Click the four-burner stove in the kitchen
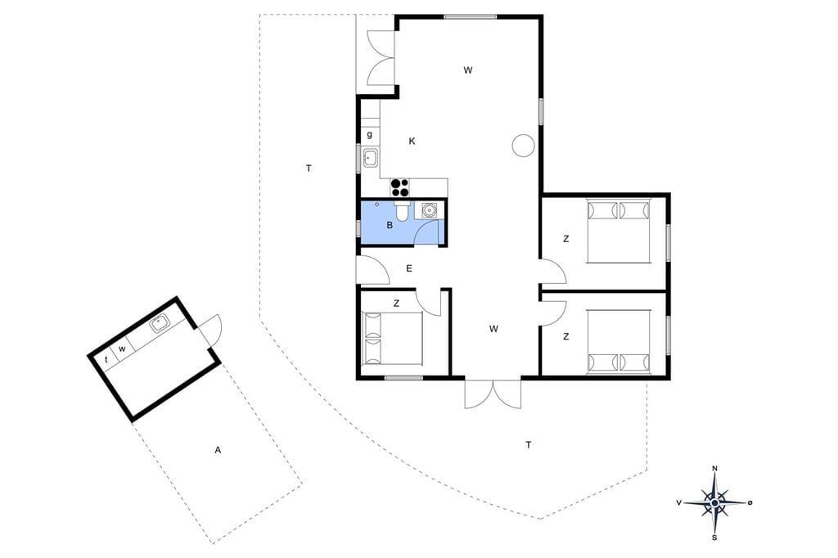tap(400, 188)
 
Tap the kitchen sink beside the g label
tap(370, 158)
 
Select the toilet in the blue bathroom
tap(402, 210)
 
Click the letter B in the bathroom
tap(390, 226)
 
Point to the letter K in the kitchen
tap(412, 141)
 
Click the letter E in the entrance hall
tap(409, 268)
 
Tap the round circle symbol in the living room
tap(523, 145)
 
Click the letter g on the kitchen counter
tap(369, 135)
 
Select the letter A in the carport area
tap(218, 450)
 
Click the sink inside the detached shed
tap(160, 323)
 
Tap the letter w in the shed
tap(123, 349)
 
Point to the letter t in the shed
tap(106, 360)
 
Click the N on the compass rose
tap(715, 468)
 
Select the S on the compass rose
tap(714, 538)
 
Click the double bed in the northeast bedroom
tap(619, 231)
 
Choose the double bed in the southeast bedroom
tap(619, 340)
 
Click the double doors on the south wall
tap(493, 394)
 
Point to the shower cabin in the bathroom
tap(429, 210)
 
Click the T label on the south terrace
tap(529, 445)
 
